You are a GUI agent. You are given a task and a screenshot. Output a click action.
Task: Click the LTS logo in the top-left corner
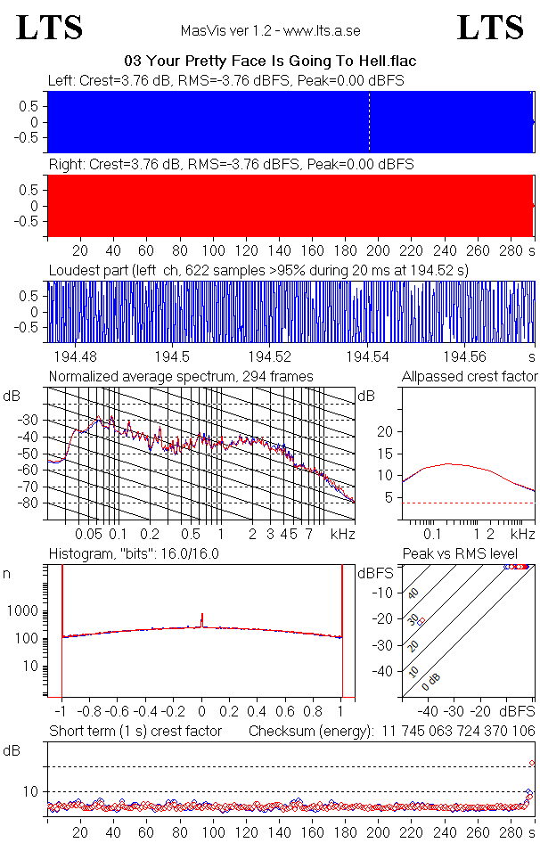(49, 28)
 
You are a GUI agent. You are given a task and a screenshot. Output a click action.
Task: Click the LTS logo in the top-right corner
(490, 28)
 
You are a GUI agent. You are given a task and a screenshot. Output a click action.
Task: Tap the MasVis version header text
(270, 30)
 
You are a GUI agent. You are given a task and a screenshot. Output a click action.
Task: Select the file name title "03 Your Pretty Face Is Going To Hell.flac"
(270, 61)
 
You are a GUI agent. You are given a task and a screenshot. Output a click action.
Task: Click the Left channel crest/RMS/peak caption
(226, 80)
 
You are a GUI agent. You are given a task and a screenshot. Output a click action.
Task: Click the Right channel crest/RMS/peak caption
(230, 165)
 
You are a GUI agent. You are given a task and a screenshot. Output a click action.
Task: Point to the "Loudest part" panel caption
(258, 269)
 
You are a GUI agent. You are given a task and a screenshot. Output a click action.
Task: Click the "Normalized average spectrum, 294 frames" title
(181, 376)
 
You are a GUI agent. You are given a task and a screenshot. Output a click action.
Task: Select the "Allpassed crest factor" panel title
(470, 376)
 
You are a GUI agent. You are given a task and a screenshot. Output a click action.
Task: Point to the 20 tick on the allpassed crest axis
(386, 431)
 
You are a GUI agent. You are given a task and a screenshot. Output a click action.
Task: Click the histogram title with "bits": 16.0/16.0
(134, 553)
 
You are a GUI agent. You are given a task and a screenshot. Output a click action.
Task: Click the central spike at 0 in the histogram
(202, 620)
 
